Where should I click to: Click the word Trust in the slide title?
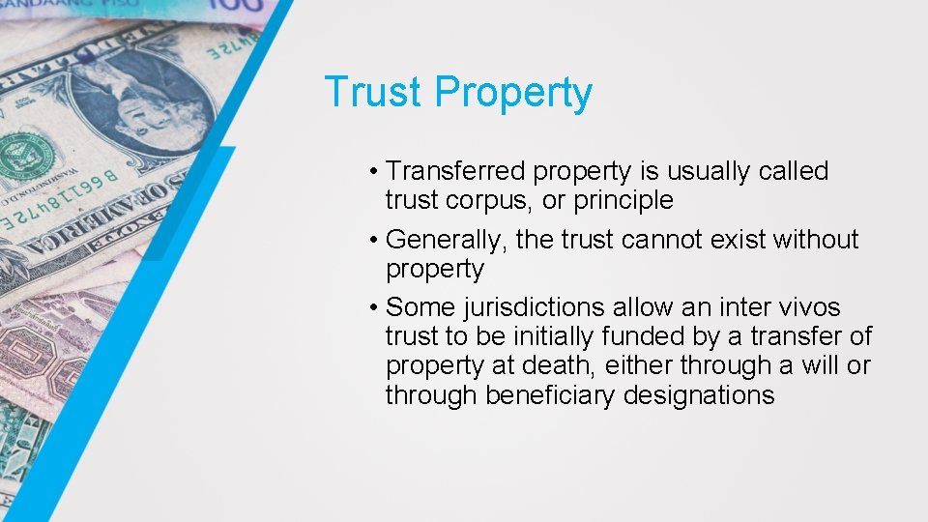tap(374, 93)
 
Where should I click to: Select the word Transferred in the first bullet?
tap(455, 172)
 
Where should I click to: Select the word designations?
tap(699, 395)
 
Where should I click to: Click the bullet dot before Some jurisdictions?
tap(373, 308)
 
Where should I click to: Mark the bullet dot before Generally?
tap(373, 240)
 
